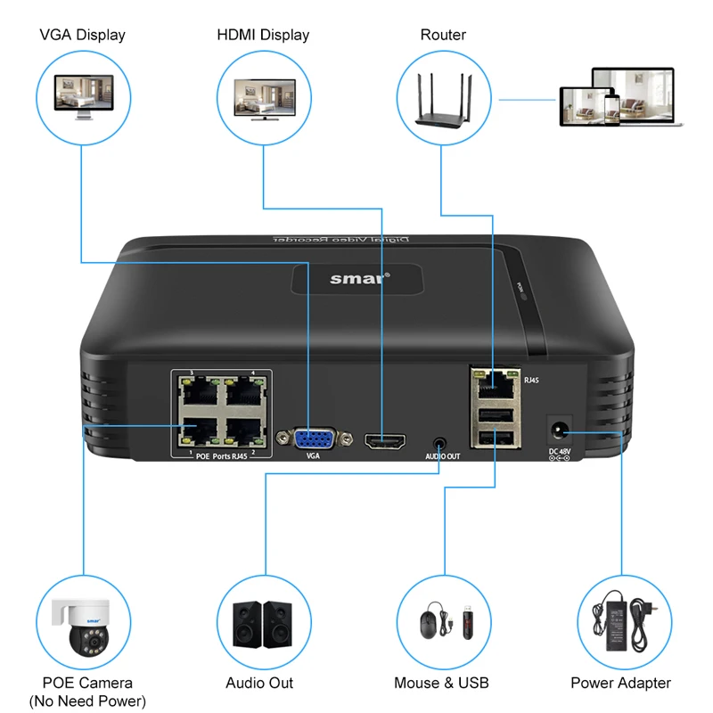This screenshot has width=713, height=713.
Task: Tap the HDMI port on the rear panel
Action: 384,439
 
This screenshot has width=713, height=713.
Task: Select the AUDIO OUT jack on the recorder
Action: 439,441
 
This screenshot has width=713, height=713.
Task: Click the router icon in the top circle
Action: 442,94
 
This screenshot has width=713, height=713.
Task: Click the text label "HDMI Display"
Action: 263,36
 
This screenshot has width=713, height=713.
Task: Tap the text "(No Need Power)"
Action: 87,701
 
